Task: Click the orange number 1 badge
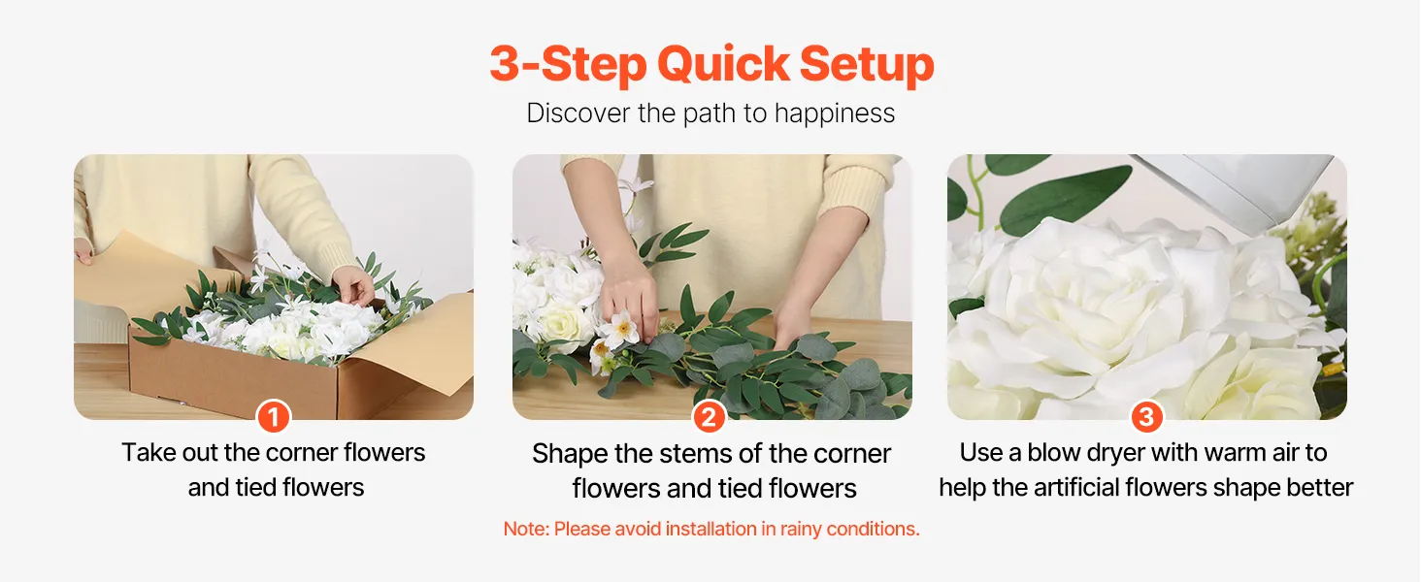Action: coord(274,416)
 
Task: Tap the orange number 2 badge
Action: coord(709,416)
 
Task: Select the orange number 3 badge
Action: coord(1146,416)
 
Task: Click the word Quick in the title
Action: coord(723,64)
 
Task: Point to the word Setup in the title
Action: coord(867,65)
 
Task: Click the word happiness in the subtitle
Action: coord(834,114)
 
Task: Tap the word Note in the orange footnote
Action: coord(525,529)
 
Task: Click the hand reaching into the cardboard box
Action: coord(353,284)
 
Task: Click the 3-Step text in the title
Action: coord(568,65)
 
